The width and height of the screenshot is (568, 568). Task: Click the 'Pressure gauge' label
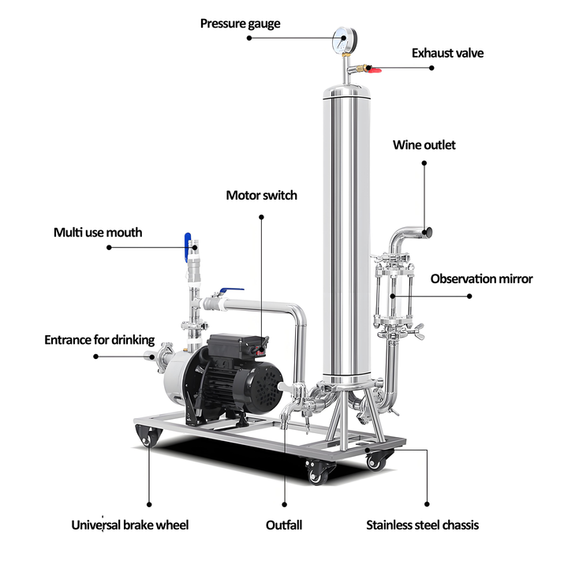pyautogui.click(x=240, y=24)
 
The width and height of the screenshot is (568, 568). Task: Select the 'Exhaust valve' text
pyautogui.click(x=447, y=54)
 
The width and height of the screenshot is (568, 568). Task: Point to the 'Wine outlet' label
pyautogui.click(x=424, y=145)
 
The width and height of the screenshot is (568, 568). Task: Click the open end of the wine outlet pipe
pyautogui.click(x=431, y=231)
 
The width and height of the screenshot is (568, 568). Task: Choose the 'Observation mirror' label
pyautogui.click(x=481, y=278)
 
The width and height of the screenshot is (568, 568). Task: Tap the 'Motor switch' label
pyautogui.click(x=262, y=195)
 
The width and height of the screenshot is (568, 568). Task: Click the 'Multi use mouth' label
pyautogui.click(x=98, y=232)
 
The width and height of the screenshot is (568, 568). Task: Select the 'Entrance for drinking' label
pyautogui.click(x=99, y=340)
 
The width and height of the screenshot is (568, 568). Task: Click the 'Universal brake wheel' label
pyautogui.click(x=130, y=525)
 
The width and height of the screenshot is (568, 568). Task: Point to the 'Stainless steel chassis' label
pyautogui.click(x=422, y=525)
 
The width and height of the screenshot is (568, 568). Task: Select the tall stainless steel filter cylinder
pyautogui.click(x=347, y=237)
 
